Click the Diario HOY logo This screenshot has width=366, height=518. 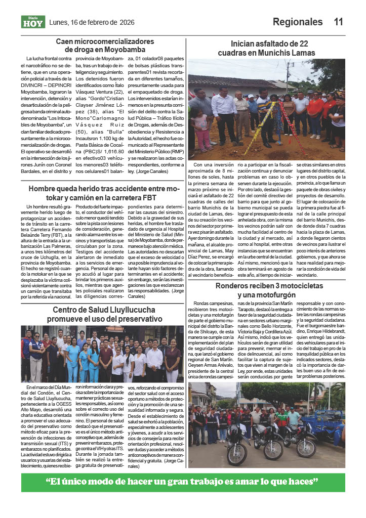[33, 22]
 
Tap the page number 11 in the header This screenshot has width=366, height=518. [339, 22]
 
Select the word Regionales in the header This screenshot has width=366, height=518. [298, 22]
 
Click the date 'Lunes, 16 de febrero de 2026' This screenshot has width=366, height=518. [92, 22]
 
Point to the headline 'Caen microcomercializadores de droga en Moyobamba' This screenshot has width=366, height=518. [105, 45]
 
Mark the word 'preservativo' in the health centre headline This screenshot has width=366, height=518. [135, 319]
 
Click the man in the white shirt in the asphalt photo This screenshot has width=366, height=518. [223, 111]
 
